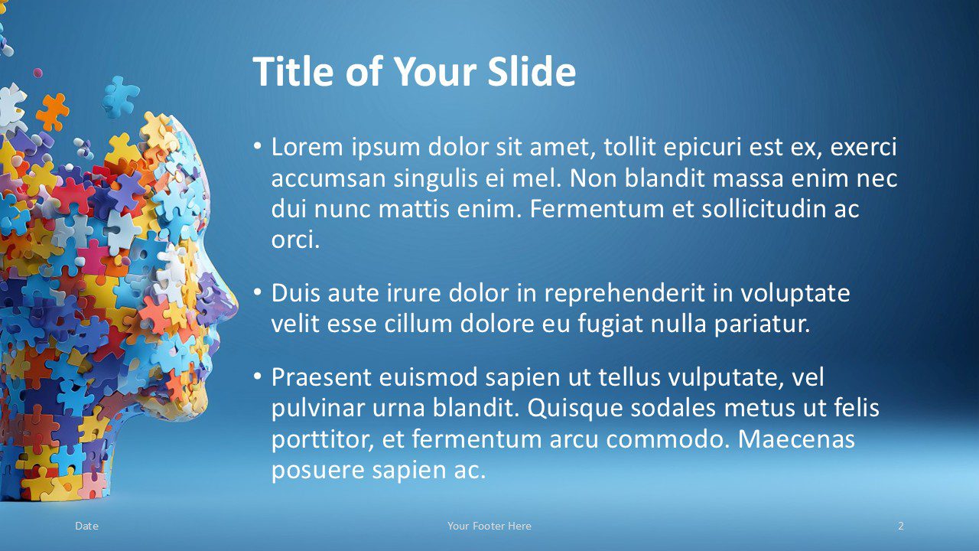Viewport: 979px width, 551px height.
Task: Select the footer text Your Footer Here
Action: [x=489, y=526]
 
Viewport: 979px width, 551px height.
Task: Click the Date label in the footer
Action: [x=87, y=526]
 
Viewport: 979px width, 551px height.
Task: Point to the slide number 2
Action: [x=901, y=526]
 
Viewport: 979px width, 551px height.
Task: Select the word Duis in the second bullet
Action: [x=299, y=292]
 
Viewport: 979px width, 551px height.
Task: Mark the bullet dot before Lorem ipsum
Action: [x=258, y=146]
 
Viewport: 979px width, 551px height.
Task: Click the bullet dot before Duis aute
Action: [x=258, y=292]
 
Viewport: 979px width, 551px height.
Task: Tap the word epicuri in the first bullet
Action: [x=633, y=147]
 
